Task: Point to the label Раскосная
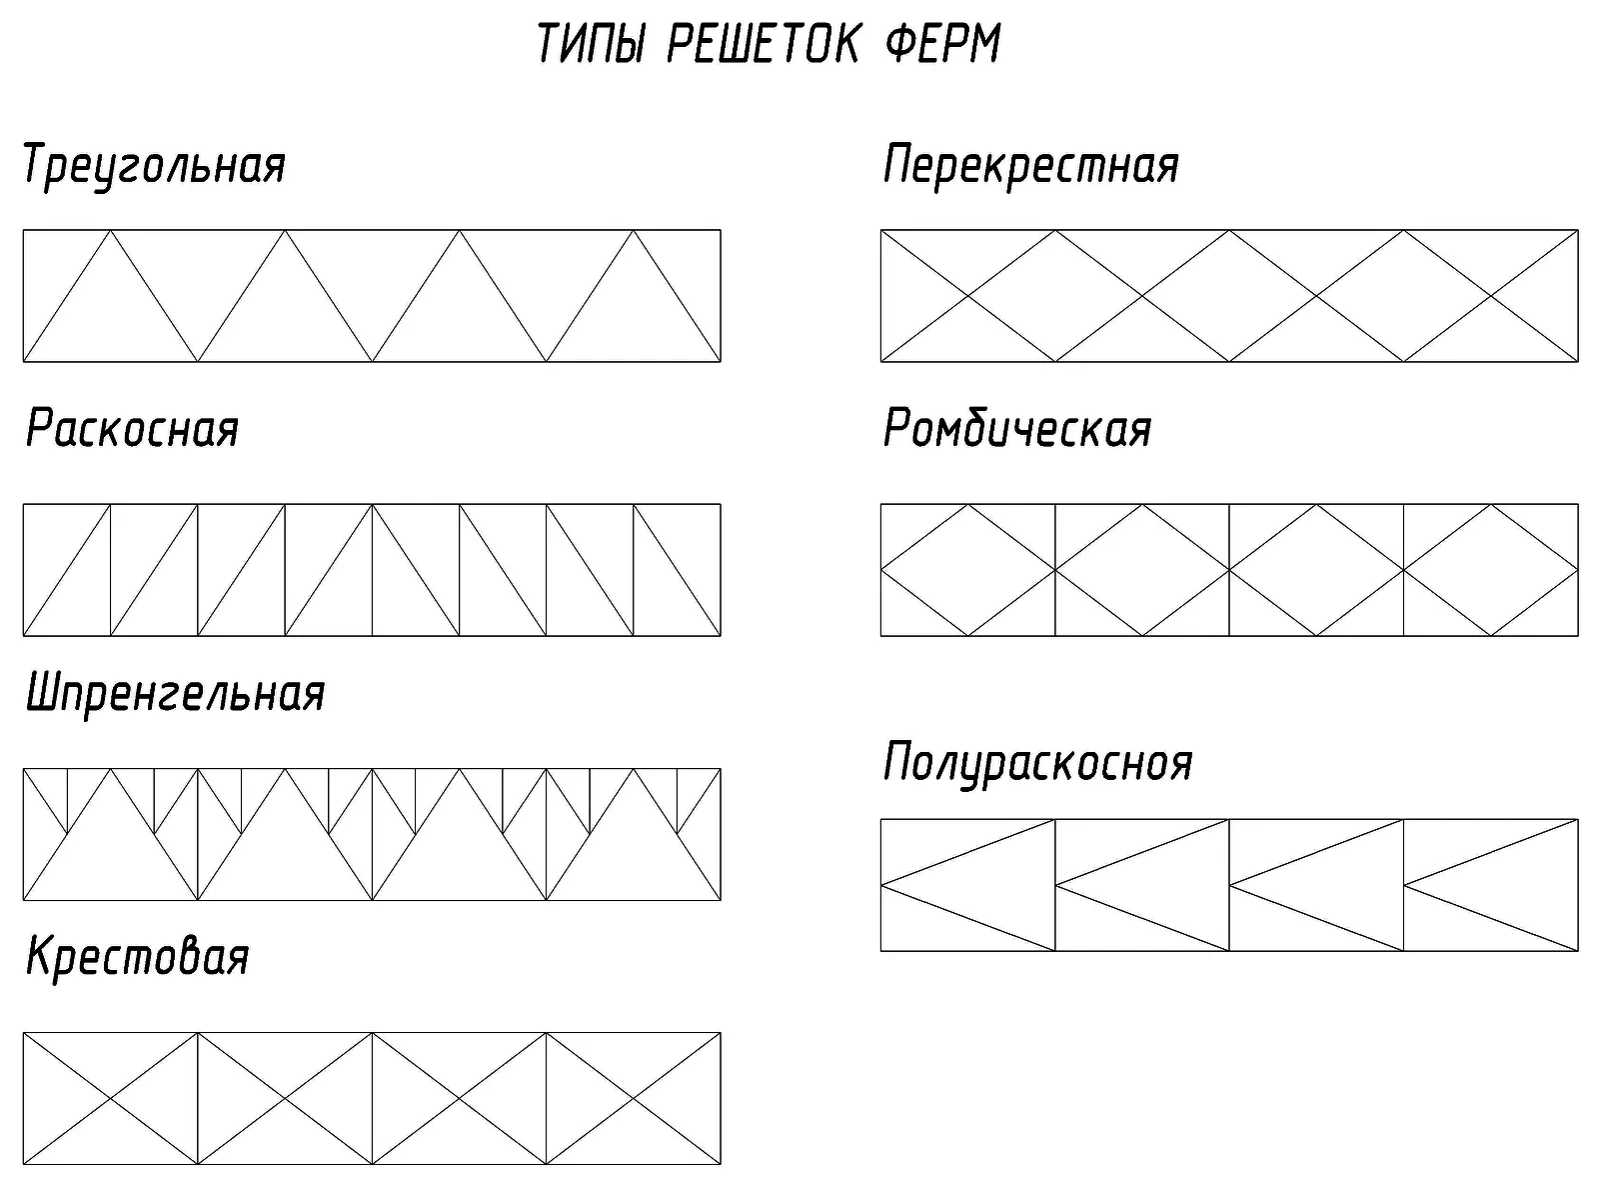(133, 428)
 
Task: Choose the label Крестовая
(138, 957)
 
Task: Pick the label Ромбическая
(1017, 428)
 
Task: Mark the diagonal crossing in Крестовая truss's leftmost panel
(110, 1098)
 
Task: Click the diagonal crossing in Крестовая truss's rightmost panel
(633, 1098)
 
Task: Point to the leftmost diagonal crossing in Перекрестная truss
(968, 296)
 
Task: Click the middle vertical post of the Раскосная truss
(372, 570)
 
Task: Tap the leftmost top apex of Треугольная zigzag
(111, 230)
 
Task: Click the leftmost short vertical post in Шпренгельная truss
(67, 801)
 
